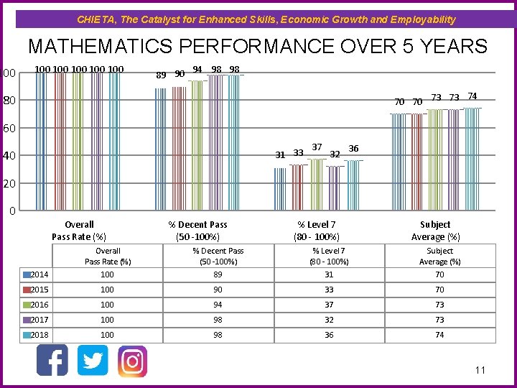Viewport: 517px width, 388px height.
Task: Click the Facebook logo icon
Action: point(52,360)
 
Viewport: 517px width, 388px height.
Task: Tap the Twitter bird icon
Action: point(93,360)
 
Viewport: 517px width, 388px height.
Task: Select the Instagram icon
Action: point(132,361)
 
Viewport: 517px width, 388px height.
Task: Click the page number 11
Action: point(480,370)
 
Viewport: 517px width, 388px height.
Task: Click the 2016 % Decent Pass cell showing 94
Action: point(218,305)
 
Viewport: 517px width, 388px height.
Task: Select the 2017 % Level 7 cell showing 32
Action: point(328,320)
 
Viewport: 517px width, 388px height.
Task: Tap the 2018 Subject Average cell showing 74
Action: point(439,335)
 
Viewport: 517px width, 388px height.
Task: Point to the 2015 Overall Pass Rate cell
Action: point(108,290)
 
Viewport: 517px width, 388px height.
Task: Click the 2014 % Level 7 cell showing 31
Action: point(328,274)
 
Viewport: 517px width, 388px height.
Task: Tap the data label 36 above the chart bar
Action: point(353,149)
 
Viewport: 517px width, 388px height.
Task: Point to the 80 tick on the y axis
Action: point(8,101)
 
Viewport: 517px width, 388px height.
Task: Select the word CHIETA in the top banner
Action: point(95,19)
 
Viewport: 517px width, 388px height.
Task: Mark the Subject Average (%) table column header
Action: point(439,256)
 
